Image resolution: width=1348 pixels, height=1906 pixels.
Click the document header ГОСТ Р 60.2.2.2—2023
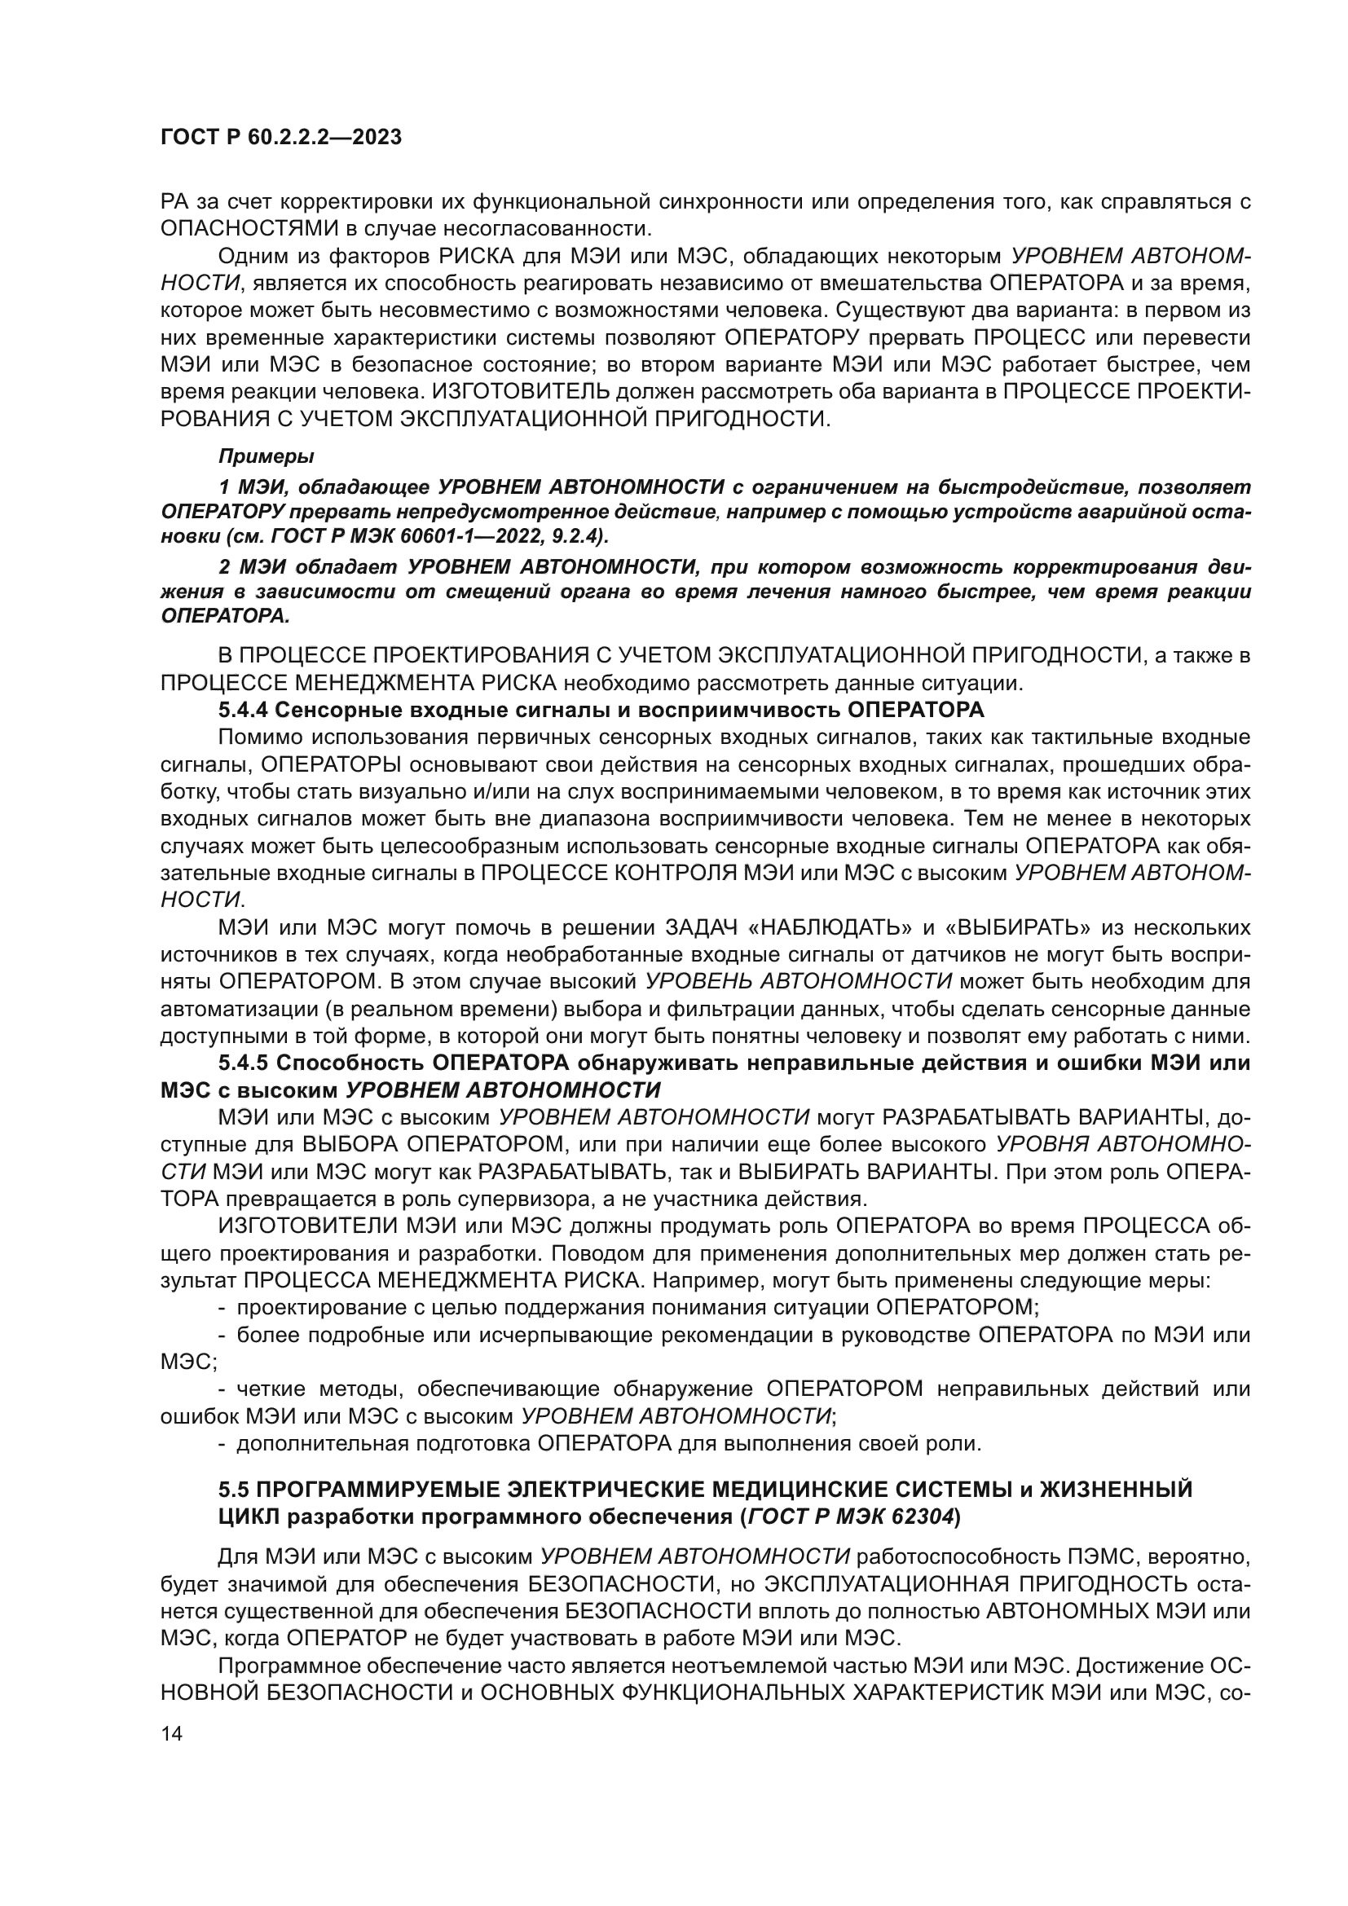[280, 137]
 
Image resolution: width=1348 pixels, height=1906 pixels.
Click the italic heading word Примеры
[267, 456]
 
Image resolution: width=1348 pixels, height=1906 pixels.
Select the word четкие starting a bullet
[270, 1389]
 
